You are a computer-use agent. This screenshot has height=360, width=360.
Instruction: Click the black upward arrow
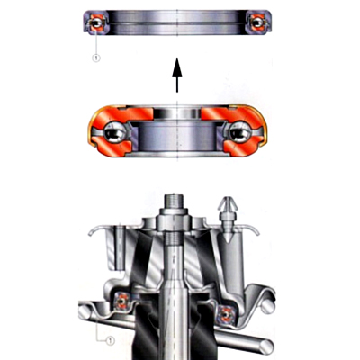pos(177,75)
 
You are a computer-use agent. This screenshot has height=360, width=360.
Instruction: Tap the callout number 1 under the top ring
pos(96,58)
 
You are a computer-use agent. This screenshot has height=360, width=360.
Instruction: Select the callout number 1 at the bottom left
pos(111,340)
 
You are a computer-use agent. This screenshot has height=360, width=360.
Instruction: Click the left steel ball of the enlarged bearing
pos(114,132)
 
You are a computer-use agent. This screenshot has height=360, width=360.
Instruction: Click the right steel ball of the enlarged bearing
pos(240,132)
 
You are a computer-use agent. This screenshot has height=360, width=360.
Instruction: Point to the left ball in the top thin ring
pos(96,22)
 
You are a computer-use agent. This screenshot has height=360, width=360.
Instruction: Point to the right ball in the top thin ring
pos(257,22)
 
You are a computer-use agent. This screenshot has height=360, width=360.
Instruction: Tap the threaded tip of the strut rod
pos(174,202)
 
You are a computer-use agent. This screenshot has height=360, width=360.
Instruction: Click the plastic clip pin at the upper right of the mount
pos(229,219)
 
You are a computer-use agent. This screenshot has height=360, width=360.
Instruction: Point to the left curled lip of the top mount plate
pos(94,231)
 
